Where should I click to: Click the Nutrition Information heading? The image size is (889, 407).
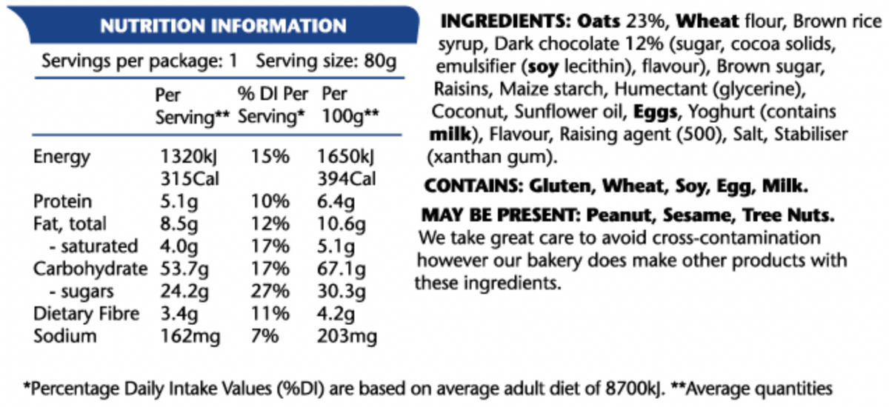[x=223, y=27]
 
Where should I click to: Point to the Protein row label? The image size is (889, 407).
[x=62, y=202]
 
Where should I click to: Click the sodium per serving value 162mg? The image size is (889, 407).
[x=189, y=337]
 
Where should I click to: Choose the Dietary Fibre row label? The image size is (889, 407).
[x=86, y=314]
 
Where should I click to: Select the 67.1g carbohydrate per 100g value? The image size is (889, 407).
[x=344, y=269]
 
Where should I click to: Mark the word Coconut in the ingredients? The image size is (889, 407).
[x=463, y=112]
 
